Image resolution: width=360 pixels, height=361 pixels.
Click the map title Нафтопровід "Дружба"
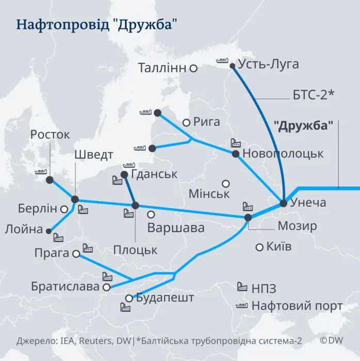pyautogui.click(x=100, y=25)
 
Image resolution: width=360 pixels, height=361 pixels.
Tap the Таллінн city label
pyautogui.click(x=162, y=68)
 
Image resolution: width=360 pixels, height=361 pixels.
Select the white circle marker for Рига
pyautogui.click(x=186, y=122)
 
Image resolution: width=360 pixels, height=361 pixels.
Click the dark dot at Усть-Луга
pyautogui.click(x=233, y=65)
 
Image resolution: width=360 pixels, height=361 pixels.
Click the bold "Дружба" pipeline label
pyautogui.click(x=303, y=125)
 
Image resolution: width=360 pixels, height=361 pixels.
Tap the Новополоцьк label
pyautogui.click(x=283, y=154)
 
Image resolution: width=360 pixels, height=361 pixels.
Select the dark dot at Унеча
pyautogui.click(x=283, y=203)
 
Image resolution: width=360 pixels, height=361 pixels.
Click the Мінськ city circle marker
pyautogui.click(x=225, y=183)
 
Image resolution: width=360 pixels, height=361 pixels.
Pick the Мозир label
pyautogui.click(x=298, y=226)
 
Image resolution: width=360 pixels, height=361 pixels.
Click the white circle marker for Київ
pyautogui.click(x=259, y=247)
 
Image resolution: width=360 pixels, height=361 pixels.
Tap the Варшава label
pyautogui.click(x=175, y=227)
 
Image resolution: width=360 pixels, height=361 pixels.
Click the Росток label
pyautogui.click(x=50, y=135)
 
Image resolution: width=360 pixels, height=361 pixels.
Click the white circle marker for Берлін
pyautogui.click(x=64, y=209)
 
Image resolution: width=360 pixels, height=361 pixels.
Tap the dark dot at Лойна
pyautogui.click(x=49, y=231)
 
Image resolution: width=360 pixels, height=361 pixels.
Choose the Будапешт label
pyautogui.click(x=165, y=298)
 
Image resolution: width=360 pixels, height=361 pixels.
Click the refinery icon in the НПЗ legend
pyautogui.click(x=242, y=287)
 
